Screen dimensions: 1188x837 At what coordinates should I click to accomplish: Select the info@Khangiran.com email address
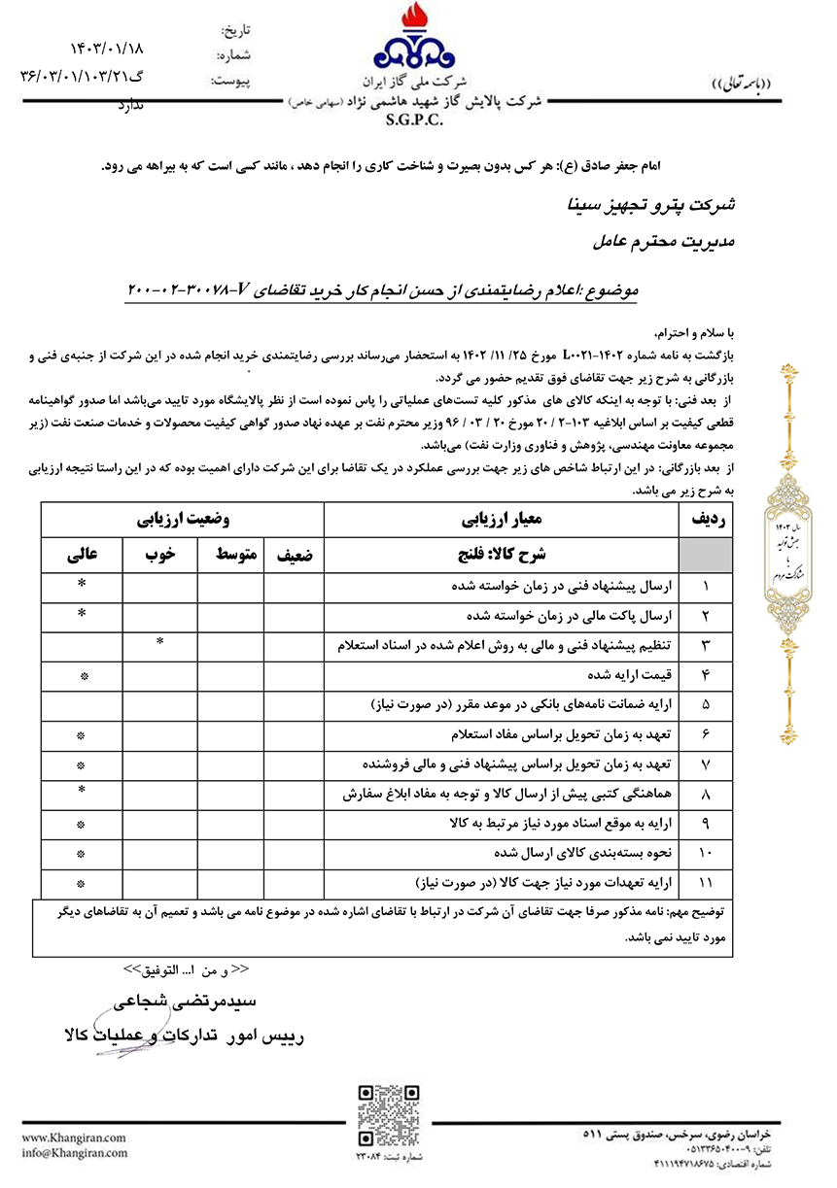tap(74, 1152)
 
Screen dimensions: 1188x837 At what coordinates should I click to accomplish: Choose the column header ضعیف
tap(294, 555)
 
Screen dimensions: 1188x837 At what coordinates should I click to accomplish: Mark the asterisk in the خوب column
tap(159, 643)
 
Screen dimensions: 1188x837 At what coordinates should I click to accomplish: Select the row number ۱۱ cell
tap(706, 884)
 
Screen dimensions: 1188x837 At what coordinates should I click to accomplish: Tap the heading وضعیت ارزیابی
tap(183, 520)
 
